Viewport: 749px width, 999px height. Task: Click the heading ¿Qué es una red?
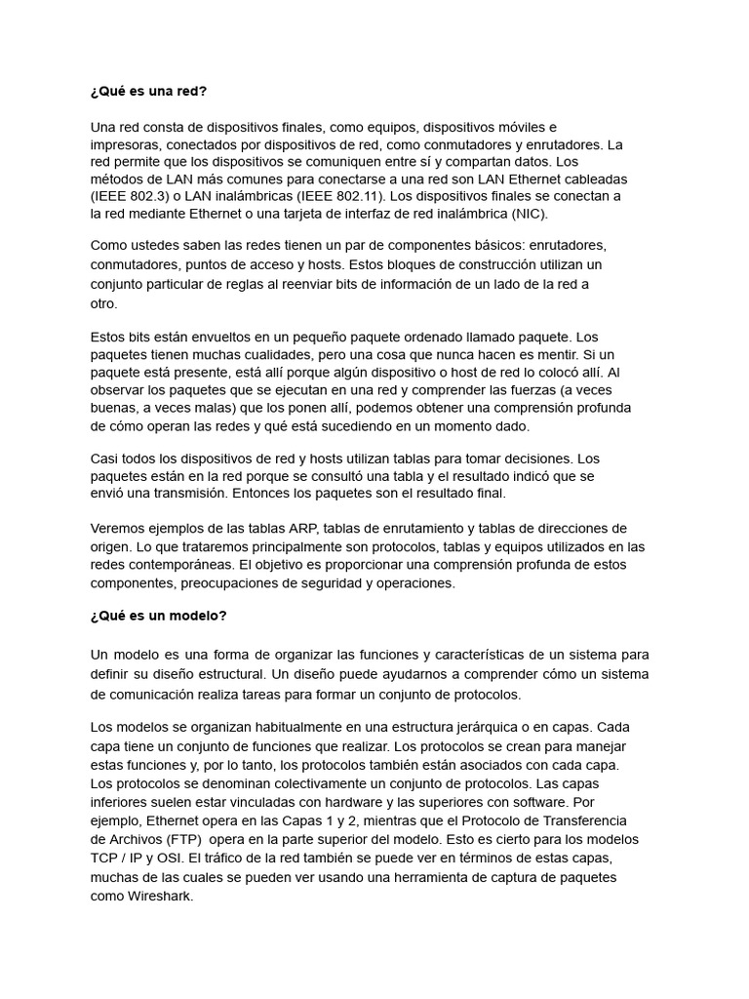[148, 92]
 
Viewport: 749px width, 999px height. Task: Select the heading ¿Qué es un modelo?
[158, 617]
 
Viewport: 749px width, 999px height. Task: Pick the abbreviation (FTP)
[177, 839]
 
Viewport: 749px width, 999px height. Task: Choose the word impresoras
[126, 143]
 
